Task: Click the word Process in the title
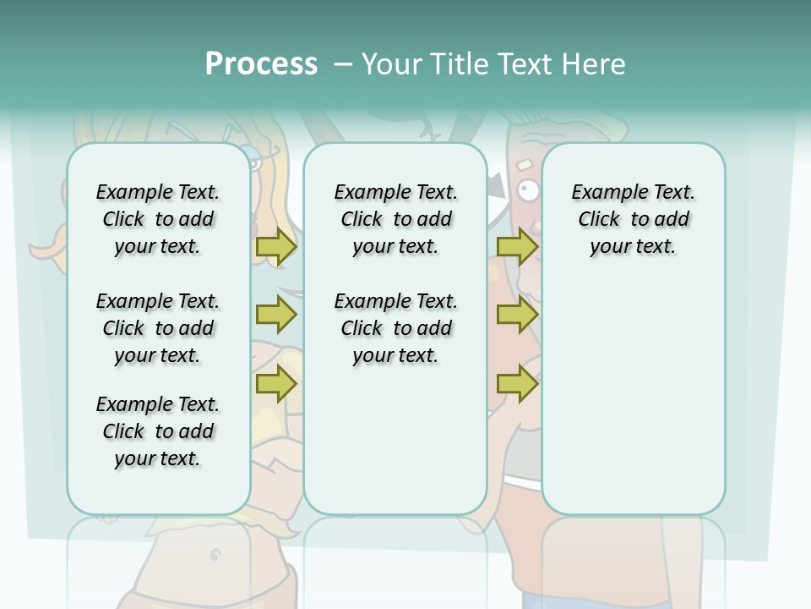pyautogui.click(x=261, y=64)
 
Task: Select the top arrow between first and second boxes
pyautogui.click(x=276, y=247)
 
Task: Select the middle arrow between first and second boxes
pyautogui.click(x=276, y=315)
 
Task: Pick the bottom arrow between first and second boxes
pyautogui.click(x=276, y=384)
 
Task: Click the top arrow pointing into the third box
pyautogui.click(x=517, y=247)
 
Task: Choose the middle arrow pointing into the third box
pyautogui.click(x=517, y=315)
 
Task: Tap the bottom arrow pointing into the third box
pyautogui.click(x=517, y=384)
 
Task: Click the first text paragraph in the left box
pyautogui.click(x=158, y=219)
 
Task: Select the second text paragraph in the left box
pyautogui.click(x=158, y=328)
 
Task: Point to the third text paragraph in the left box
pyautogui.click(x=158, y=431)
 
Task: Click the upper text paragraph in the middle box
pyautogui.click(x=395, y=219)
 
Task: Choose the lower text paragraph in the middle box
pyautogui.click(x=395, y=328)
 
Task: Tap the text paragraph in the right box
pyautogui.click(x=633, y=219)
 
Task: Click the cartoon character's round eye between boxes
pyautogui.click(x=529, y=190)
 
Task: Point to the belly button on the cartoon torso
pyautogui.click(x=215, y=556)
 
